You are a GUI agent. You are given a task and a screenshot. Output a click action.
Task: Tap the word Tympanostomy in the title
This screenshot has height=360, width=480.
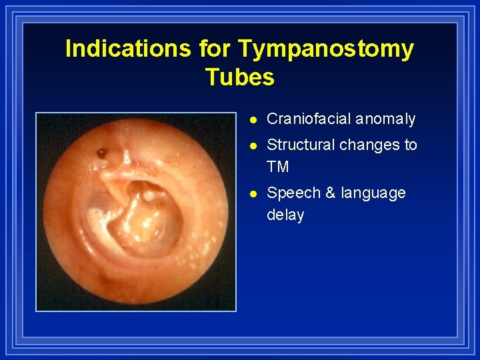[326, 49]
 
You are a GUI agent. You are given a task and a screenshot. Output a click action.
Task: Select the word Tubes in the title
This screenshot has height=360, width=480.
[240, 77]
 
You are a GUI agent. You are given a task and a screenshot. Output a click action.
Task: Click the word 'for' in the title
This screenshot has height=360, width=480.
[214, 49]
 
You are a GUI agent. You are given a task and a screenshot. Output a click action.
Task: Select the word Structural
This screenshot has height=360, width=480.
[301, 145]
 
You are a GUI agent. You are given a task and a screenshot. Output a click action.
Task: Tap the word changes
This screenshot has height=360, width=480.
[369, 145]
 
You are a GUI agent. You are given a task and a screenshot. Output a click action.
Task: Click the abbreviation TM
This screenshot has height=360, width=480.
[278, 167]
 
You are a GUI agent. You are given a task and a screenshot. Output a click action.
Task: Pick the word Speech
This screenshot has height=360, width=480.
[293, 193]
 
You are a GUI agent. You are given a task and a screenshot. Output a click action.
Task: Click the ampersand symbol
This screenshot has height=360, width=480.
[330, 193]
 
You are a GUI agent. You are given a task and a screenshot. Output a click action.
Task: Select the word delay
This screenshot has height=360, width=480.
[285, 215]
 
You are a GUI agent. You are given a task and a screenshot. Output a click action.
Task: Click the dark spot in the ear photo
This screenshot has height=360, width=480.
[101, 153]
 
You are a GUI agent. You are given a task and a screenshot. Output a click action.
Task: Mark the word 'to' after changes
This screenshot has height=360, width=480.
[410, 145]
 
